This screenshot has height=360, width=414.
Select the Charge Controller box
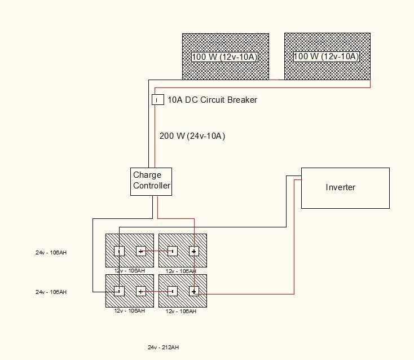point(151,181)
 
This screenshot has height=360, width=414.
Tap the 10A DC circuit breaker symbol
point(157,100)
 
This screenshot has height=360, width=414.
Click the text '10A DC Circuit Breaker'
point(212,100)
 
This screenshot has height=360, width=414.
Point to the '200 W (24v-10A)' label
point(193,136)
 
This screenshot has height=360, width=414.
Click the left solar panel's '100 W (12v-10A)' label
point(225,57)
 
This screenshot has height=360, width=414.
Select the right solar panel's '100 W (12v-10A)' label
point(327,57)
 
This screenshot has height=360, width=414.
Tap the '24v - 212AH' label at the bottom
point(164,348)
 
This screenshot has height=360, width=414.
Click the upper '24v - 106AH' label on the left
point(51,253)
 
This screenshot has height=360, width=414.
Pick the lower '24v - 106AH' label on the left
point(51,292)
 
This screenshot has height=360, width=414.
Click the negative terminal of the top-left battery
point(119,251)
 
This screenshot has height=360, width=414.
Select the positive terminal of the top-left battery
point(141,251)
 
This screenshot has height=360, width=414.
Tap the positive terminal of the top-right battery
point(194,251)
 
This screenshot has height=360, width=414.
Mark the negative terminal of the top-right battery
point(172,251)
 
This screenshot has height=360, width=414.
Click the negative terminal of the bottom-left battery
point(119,291)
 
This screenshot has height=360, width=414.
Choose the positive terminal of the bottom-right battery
point(194,291)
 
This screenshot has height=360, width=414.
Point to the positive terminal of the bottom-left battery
point(141,291)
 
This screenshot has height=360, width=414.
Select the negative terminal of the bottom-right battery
point(172,291)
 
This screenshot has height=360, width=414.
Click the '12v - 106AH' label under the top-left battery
point(130,271)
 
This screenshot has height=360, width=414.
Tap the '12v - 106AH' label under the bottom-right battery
point(181,311)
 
